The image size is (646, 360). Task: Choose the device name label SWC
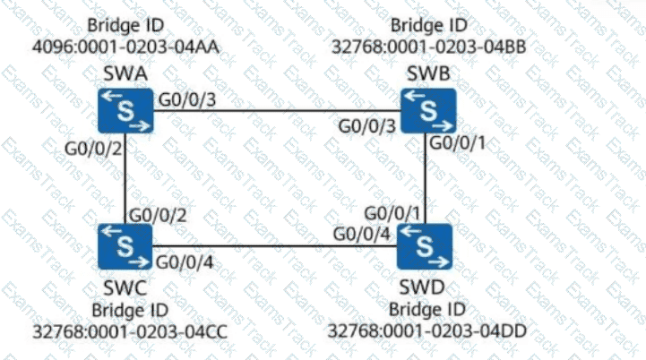(125, 288)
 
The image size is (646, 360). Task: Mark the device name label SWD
(426, 288)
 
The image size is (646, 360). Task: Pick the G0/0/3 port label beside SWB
(367, 125)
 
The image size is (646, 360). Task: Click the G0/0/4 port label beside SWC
(185, 262)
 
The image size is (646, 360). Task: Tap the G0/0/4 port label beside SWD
(362, 235)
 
